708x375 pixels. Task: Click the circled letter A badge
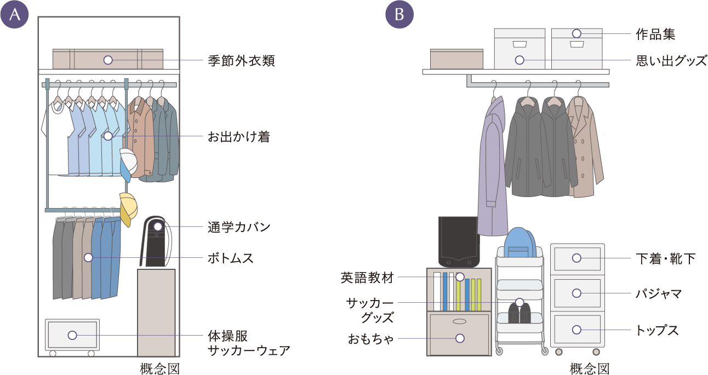pos(15,15)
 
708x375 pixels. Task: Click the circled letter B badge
pos(399,15)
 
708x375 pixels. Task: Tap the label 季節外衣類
pos(241,60)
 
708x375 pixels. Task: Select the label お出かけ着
pos(238,137)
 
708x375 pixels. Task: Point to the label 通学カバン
pos(239,227)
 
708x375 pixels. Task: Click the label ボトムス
pos(230,258)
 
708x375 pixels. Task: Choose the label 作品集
pos(655,34)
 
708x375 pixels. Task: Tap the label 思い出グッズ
pos(671,60)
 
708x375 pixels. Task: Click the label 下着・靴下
pos(665,258)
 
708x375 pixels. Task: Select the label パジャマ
pos(658,294)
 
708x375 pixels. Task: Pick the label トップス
pos(656,330)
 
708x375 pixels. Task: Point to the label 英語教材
pos(367,278)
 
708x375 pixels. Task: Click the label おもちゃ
pos(371,339)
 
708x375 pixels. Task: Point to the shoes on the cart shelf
pos(519,313)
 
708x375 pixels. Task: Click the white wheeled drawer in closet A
pos(72,335)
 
